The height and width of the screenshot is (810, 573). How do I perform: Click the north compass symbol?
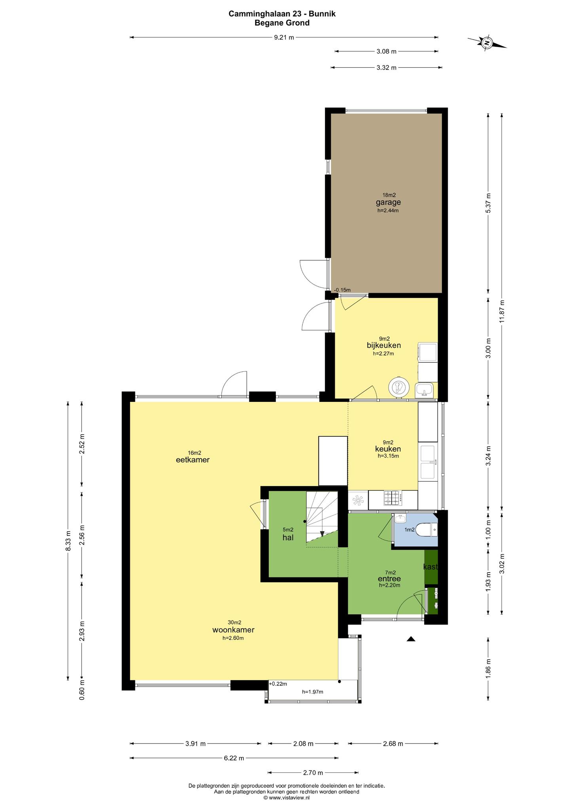pyautogui.click(x=487, y=42)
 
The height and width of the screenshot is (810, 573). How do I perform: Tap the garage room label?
pyautogui.click(x=388, y=202)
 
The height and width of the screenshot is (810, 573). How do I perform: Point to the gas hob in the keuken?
pyautogui.click(x=393, y=498)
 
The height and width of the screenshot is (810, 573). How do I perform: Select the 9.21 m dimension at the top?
pyautogui.click(x=284, y=38)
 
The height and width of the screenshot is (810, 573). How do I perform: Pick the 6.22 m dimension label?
pyautogui.click(x=234, y=758)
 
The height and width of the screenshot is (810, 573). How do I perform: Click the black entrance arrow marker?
pyautogui.click(x=411, y=638)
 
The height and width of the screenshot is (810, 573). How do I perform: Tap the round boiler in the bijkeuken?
pyautogui.click(x=398, y=386)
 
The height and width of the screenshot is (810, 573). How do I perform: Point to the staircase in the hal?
pyautogui.click(x=321, y=518)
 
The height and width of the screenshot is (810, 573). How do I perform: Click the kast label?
pyautogui.click(x=431, y=567)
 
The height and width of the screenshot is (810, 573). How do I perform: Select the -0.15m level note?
pyautogui.click(x=342, y=290)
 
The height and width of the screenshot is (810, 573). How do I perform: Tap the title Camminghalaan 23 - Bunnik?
pyautogui.click(x=282, y=14)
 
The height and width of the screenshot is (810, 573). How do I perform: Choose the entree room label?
pyautogui.click(x=389, y=579)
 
